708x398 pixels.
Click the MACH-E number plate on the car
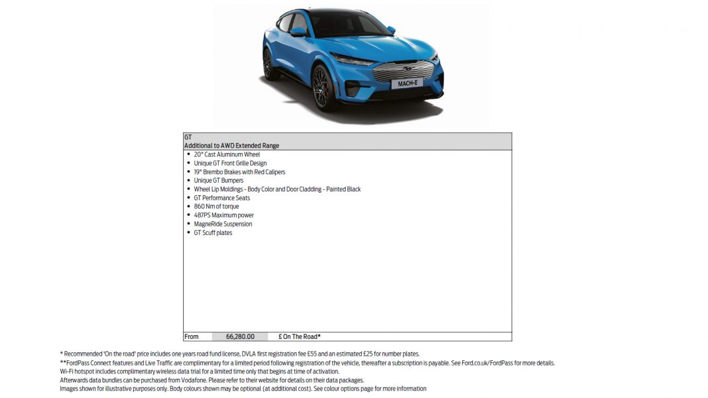(x=407, y=83)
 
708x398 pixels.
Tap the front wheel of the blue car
(x=325, y=88)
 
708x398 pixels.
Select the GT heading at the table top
(x=188, y=137)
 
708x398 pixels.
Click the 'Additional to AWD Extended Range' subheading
(x=231, y=146)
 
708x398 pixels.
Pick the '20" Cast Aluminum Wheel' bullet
(x=227, y=154)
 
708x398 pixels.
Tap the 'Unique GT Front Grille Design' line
(x=230, y=163)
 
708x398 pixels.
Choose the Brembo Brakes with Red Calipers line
(x=239, y=172)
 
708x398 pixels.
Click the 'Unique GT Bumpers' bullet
(x=219, y=180)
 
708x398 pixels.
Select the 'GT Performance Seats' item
(x=222, y=198)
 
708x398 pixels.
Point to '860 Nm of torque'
(x=217, y=207)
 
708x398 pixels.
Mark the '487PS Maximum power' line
(x=223, y=215)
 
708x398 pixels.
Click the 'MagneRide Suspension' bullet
(x=223, y=224)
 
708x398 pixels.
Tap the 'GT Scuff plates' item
(x=213, y=232)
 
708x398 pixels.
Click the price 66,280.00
(x=240, y=336)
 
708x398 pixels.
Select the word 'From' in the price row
(x=192, y=336)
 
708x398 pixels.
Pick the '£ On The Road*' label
(x=300, y=336)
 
